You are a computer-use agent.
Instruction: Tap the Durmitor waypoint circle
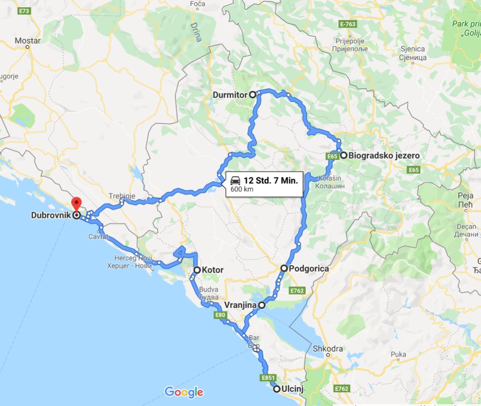253,95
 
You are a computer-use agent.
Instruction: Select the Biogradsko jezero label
384,155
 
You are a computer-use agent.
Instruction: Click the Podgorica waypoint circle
284,269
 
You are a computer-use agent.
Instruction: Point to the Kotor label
213,270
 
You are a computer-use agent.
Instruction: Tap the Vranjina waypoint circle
262,305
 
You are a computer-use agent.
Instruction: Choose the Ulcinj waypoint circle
276,389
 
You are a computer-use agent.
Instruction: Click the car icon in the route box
235,180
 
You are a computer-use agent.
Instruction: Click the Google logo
184,391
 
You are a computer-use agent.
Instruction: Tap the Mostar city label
27,41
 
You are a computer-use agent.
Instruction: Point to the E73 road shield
23,11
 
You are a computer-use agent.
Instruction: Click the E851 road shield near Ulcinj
268,378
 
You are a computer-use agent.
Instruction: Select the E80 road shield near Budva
219,315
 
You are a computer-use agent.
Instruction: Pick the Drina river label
197,32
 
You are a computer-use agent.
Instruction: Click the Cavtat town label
98,237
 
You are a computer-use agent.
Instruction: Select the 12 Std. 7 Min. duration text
270,180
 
